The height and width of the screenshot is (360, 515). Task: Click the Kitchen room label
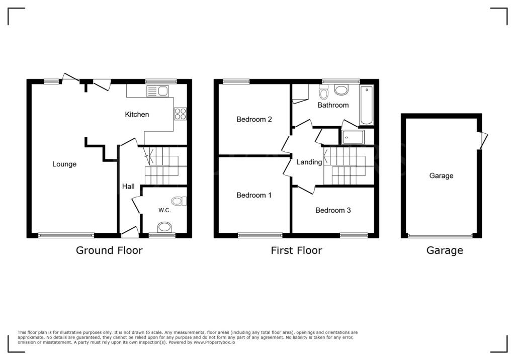point(137,114)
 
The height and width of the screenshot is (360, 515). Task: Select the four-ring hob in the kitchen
point(180,114)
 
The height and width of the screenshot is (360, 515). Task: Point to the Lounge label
point(64,164)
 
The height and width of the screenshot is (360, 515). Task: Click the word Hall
point(128,187)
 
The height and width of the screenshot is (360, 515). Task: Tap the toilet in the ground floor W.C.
point(178,202)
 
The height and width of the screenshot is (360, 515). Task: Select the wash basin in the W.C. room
point(164,228)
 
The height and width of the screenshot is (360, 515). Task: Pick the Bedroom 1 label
point(254,195)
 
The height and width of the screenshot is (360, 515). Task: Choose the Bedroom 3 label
point(333,210)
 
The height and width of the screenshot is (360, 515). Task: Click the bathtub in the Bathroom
point(367,105)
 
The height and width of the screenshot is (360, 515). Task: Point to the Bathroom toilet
point(324,93)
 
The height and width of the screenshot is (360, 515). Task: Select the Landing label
point(309,162)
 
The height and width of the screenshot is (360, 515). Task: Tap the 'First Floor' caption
point(296,250)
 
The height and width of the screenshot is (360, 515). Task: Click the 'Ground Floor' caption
point(109,250)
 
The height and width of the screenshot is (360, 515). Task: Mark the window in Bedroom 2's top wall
point(236,81)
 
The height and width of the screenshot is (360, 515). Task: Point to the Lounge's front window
point(66,235)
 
